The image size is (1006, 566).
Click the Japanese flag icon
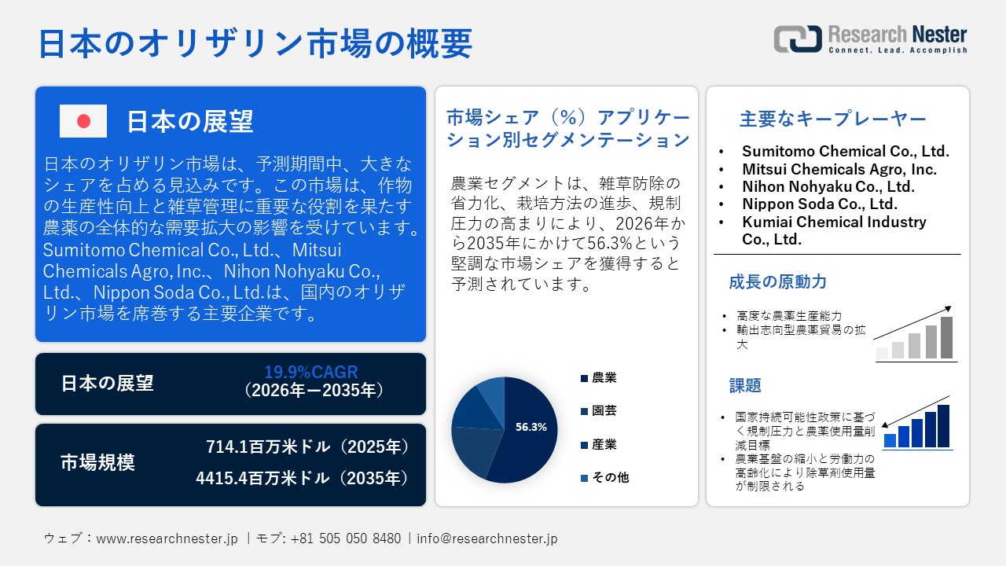coord(83,121)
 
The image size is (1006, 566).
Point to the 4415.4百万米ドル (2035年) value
coord(303,478)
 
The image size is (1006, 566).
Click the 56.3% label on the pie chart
coord(531,428)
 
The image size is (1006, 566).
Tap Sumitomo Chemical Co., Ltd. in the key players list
coord(845,152)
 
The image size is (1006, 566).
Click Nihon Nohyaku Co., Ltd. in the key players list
coord(828,186)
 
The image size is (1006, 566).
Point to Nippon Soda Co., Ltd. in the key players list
coord(820,204)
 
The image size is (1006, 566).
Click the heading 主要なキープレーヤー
coord(833,119)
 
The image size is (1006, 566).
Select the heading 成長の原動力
coord(777,281)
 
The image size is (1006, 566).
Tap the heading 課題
coord(745,386)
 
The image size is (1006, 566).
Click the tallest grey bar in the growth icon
coord(946,338)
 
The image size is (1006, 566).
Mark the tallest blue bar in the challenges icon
coord(943,426)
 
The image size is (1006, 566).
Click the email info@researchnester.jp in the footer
coord(487,539)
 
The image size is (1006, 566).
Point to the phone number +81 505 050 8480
coord(345,539)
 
